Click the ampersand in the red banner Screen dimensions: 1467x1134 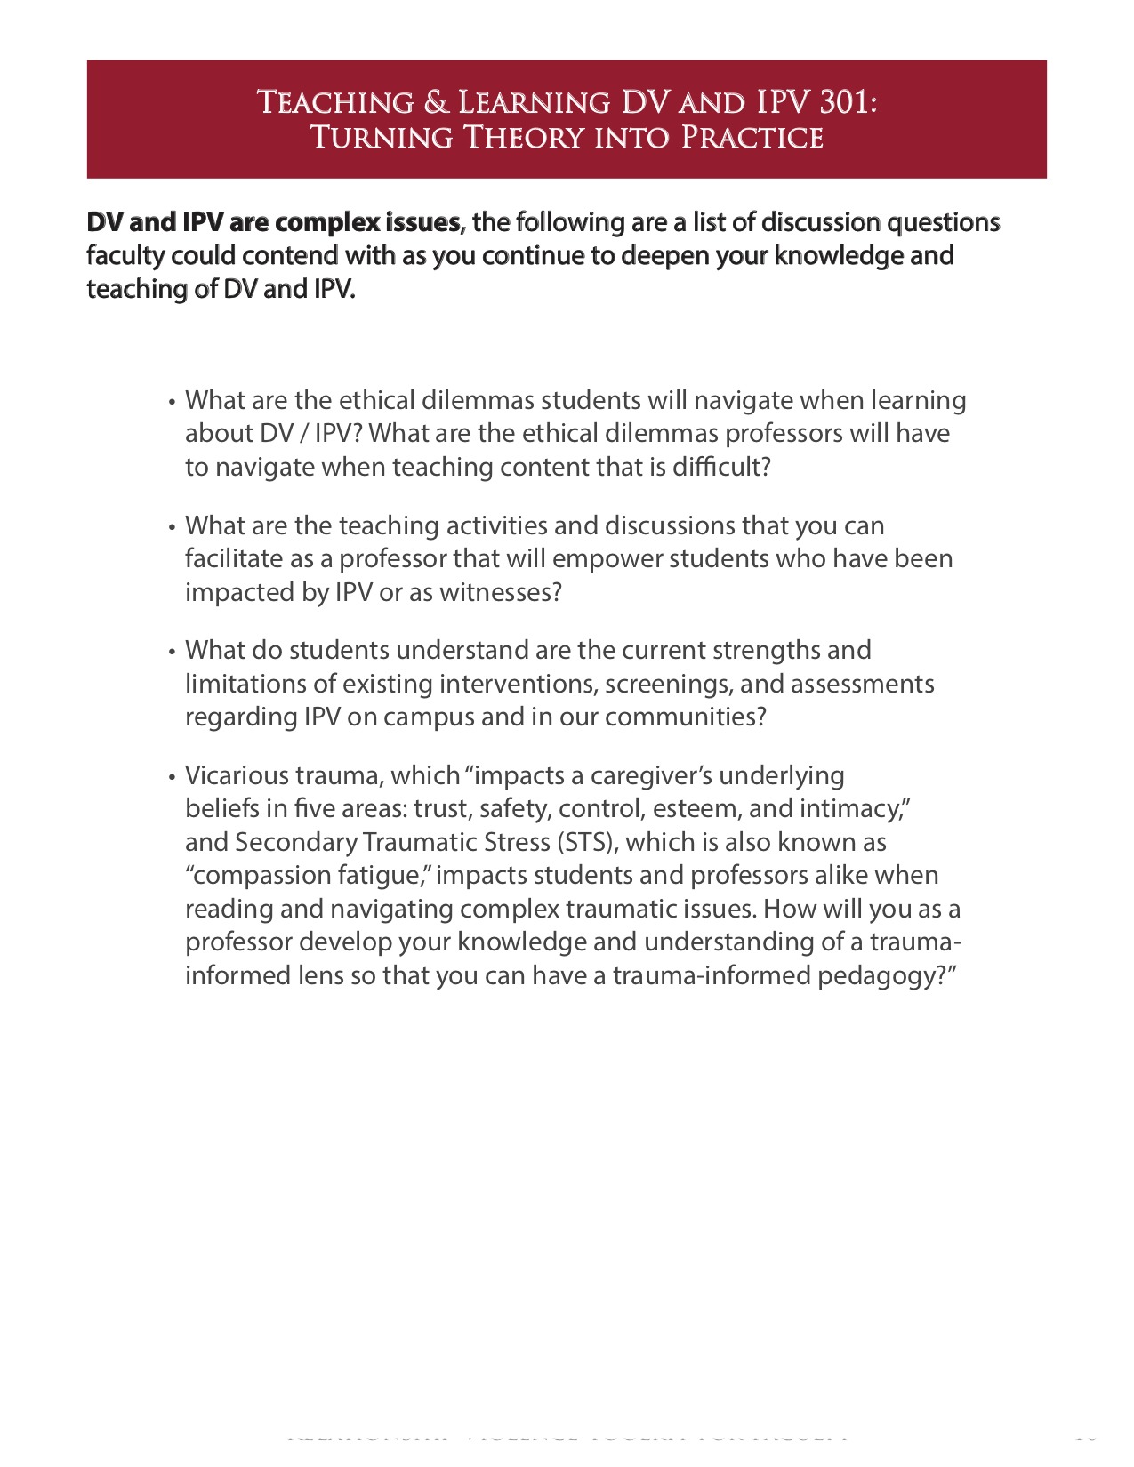pos(436,103)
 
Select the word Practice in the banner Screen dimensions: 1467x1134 pos(752,138)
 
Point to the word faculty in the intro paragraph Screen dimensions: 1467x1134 pos(125,256)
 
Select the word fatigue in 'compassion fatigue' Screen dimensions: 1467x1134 pos(382,876)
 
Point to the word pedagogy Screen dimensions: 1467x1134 pos(881,976)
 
